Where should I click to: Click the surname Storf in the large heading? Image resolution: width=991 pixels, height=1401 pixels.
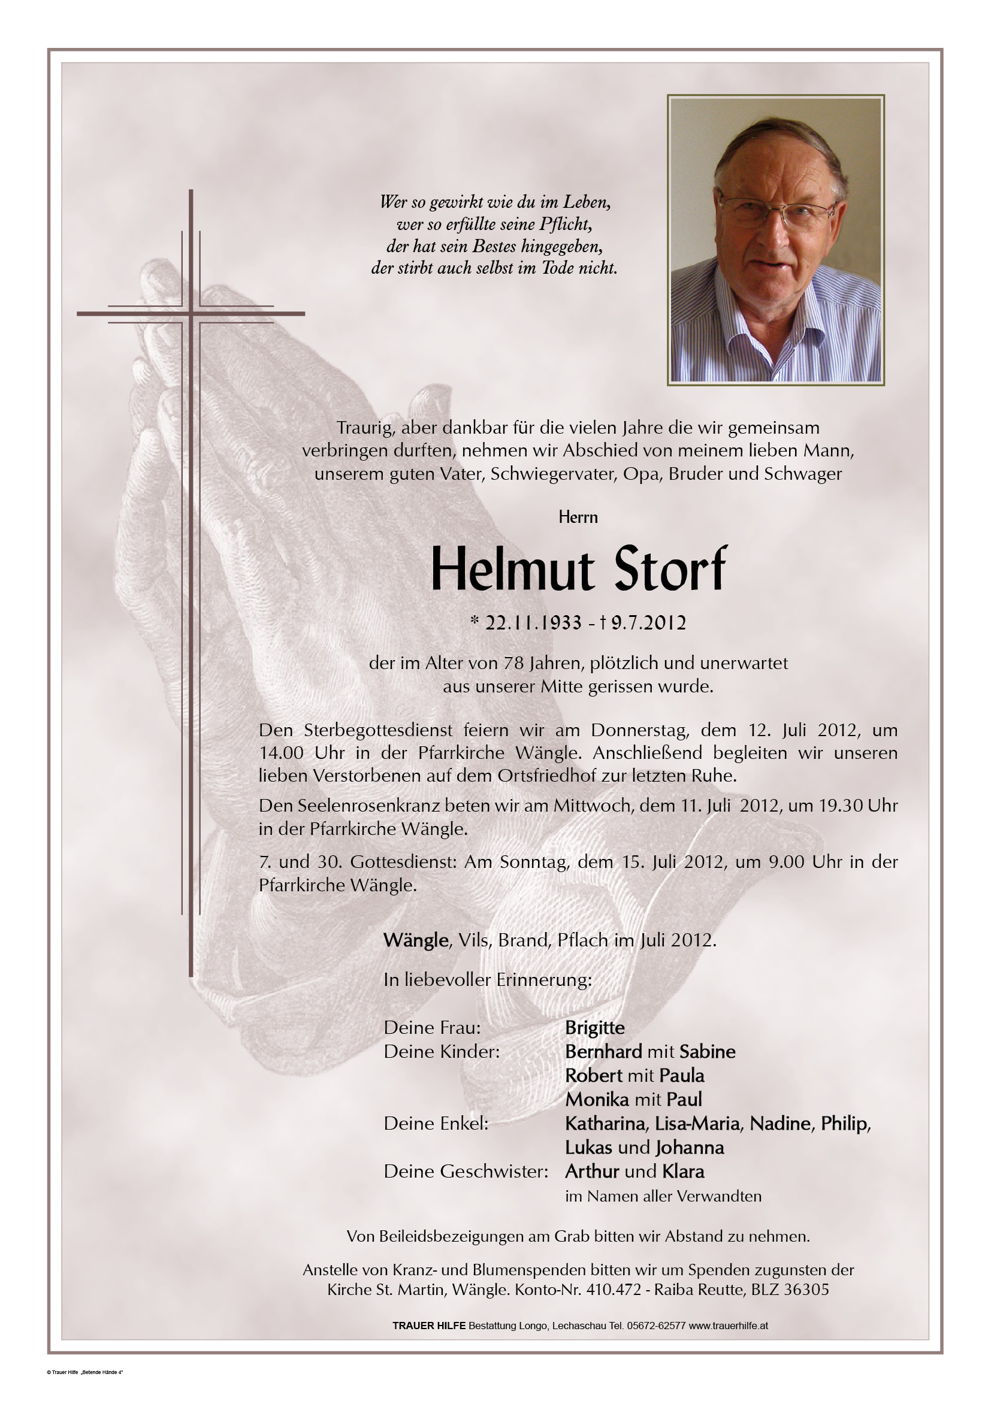pyautogui.click(x=670, y=568)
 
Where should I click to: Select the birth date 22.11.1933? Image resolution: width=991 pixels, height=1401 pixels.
pyautogui.click(x=533, y=623)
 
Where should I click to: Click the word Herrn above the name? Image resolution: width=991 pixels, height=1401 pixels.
pyautogui.click(x=578, y=518)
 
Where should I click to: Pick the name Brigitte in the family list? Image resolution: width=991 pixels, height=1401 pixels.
pyautogui.click(x=594, y=1028)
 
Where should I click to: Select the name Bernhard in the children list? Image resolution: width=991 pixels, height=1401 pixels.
pyautogui.click(x=603, y=1051)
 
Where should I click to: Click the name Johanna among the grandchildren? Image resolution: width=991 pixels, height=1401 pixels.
pyautogui.click(x=690, y=1147)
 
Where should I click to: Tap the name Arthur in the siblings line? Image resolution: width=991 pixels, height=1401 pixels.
pyautogui.click(x=593, y=1171)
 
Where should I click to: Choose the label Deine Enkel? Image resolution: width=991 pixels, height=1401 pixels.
pyautogui.click(x=436, y=1123)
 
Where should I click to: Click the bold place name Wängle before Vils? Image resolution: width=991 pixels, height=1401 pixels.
pyautogui.click(x=416, y=940)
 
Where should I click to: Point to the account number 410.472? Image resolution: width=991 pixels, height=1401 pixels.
pyautogui.click(x=614, y=1290)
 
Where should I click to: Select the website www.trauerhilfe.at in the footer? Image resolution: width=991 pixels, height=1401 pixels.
pyautogui.click(x=729, y=1326)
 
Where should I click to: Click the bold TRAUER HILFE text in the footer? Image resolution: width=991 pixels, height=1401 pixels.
pyautogui.click(x=428, y=1326)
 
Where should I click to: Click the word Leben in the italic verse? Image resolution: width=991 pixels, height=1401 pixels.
pyautogui.click(x=586, y=201)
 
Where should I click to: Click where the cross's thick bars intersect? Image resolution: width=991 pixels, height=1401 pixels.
pyautogui.click(x=191, y=314)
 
